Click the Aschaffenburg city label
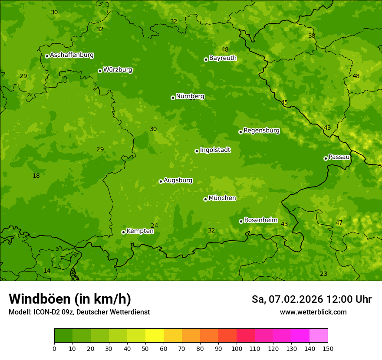(72, 55)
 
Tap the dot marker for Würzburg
(100, 71)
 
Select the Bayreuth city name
(223, 58)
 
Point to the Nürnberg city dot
(173, 98)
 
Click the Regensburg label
(261, 131)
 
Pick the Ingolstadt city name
(215, 150)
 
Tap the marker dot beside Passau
(326, 158)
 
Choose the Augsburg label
(178, 180)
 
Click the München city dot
(205, 199)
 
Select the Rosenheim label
(260, 220)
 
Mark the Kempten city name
(140, 231)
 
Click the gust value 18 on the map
(36, 176)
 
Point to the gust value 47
(339, 223)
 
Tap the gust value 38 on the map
(312, 36)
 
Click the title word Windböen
(39, 299)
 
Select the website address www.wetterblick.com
(313, 312)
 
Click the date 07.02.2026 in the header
(296, 299)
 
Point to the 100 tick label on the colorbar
(237, 348)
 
